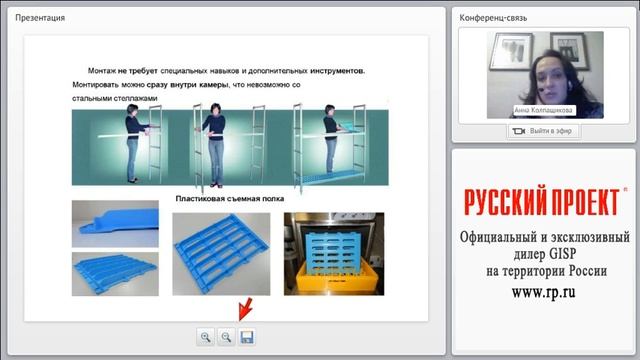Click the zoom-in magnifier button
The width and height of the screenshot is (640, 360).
pos(206,337)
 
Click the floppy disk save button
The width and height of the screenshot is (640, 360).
pos(246,337)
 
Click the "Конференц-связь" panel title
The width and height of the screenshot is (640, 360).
pos(500,18)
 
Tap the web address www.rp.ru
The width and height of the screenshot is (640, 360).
pos(543,292)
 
